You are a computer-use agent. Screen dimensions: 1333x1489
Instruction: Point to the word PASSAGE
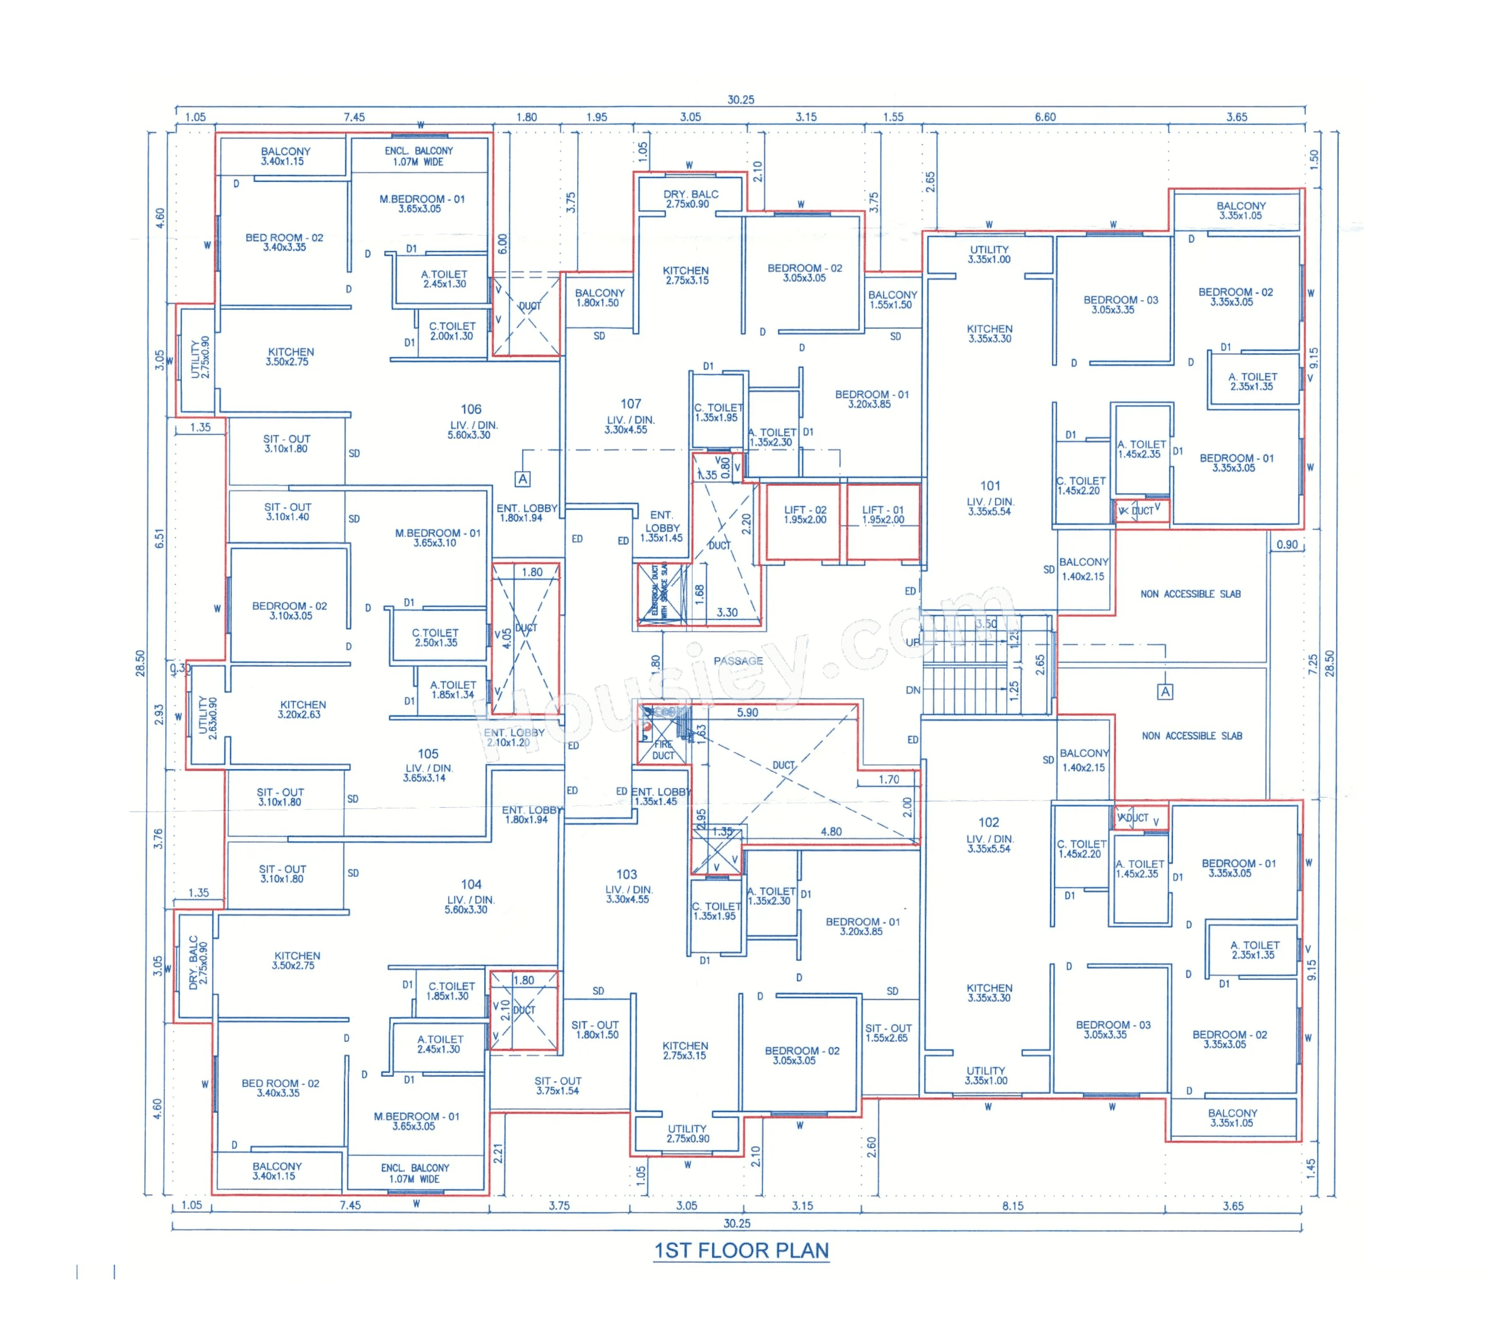point(738,661)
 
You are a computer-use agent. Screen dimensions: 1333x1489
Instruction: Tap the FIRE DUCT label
point(663,749)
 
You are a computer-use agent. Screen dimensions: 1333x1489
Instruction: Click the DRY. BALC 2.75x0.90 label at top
point(690,198)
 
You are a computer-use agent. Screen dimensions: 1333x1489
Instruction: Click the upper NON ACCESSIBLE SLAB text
point(1189,594)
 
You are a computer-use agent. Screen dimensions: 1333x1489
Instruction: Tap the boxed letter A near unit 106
point(522,479)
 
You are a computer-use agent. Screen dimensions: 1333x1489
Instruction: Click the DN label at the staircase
point(913,690)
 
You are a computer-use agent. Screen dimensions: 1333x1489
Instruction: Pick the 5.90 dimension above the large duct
point(747,712)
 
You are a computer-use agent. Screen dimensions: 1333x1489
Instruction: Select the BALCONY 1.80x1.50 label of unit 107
point(599,298)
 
